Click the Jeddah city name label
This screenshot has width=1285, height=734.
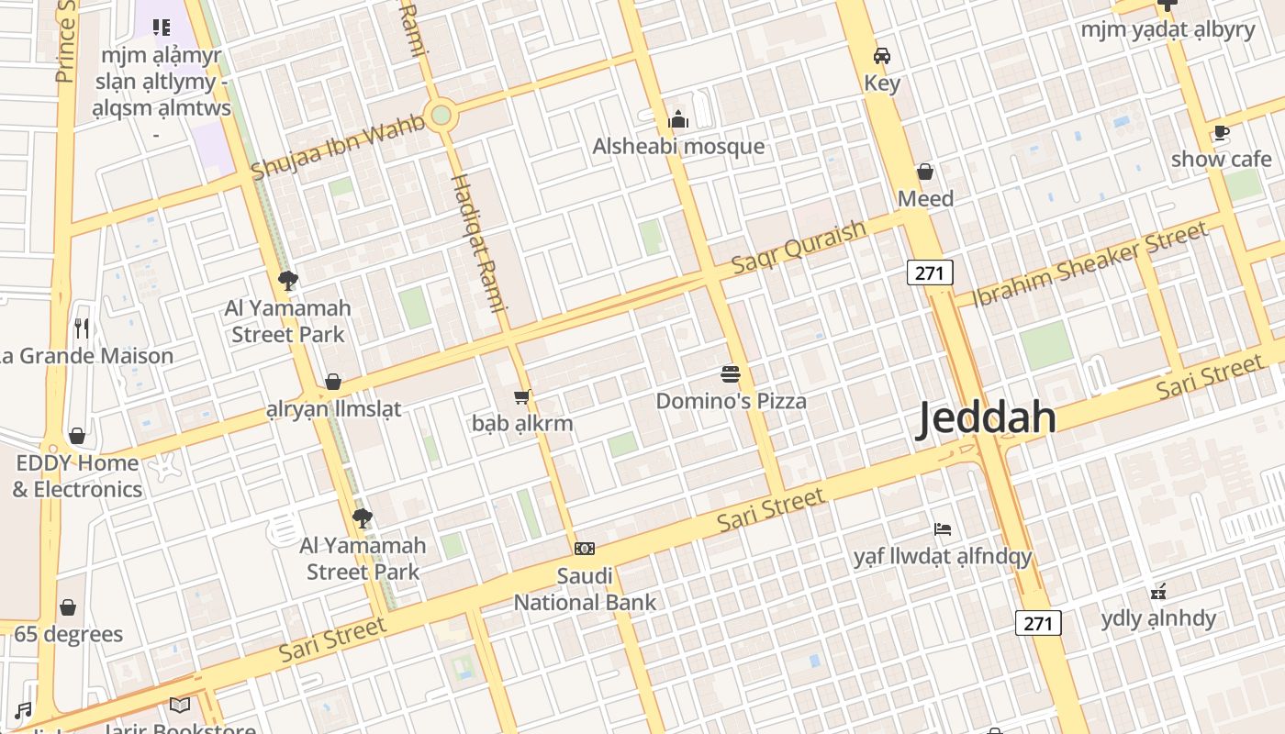pos(988,417)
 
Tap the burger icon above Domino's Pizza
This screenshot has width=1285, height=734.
pos(731,374)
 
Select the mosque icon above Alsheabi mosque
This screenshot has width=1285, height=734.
pos(678,119)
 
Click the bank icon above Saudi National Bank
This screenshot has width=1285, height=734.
pos(585,549)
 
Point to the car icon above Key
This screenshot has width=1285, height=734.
pos(882,56)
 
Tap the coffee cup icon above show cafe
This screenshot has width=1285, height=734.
pos(1221,133)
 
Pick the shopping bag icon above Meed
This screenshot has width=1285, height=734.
pos(925,172)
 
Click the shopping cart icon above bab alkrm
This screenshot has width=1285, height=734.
pos(522,396)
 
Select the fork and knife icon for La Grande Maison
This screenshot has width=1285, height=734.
pos(83,328)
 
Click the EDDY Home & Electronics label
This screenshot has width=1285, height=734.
pos(77,476)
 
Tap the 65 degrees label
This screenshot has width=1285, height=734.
pos(68,634)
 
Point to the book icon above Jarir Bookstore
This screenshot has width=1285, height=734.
pos(180,705)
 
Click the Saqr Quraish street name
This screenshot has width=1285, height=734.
pos(799,247)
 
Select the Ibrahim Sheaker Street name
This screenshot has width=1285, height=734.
pos(1089,264)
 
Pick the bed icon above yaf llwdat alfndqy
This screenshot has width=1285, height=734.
pos(943,529)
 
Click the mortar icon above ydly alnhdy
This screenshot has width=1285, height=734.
pos(1158,591)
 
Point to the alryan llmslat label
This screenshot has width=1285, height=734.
pos(333,409)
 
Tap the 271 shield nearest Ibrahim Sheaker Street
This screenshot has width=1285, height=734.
pos(930,272)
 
